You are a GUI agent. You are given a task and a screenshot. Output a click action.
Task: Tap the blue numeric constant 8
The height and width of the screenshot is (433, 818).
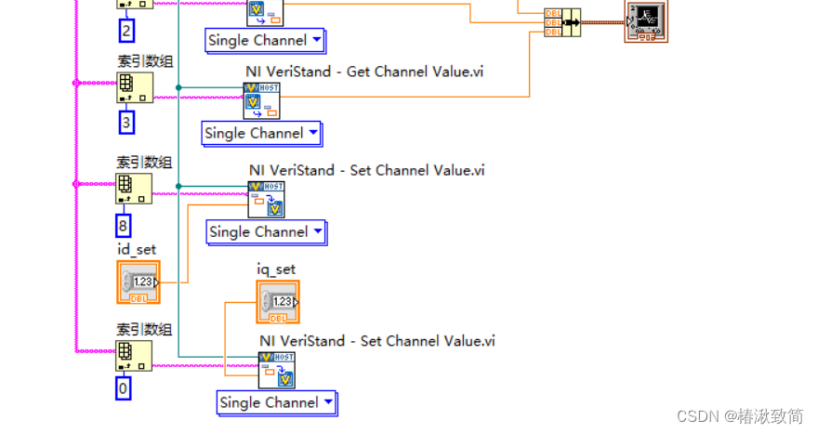124,225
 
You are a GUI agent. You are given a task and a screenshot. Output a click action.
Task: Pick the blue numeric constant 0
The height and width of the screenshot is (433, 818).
124,387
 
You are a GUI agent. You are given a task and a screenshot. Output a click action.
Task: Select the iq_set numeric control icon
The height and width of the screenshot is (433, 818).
278,301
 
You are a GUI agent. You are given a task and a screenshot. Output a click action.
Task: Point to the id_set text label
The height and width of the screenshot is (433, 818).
136,249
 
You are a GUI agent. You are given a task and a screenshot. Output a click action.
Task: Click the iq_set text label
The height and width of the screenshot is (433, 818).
276,269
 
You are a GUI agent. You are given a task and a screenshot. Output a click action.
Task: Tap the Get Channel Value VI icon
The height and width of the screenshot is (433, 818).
261,100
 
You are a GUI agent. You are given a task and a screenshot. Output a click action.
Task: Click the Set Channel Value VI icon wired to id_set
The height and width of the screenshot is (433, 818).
267,200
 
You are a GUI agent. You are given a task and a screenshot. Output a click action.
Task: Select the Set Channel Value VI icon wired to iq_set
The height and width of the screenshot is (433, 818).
277,370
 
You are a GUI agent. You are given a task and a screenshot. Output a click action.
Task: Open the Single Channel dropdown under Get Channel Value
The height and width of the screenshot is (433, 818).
262,133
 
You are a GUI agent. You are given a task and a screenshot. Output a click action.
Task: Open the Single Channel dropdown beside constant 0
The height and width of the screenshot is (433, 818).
277,402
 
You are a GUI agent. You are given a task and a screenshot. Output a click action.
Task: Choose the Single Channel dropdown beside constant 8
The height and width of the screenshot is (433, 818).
266,231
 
